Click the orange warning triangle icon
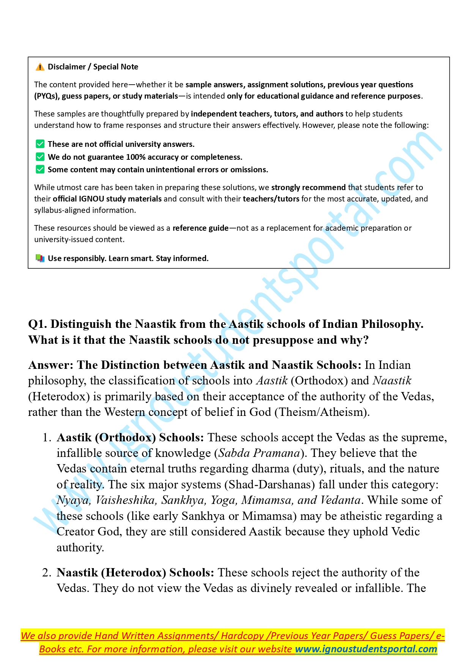tap(40, 67)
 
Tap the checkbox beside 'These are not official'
tap(40, 144)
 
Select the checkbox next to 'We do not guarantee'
tap(40, 157)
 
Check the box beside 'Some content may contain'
tap(40, 169)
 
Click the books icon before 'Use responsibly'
tap(40, 258)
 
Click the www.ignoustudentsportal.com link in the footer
tap(366, 649)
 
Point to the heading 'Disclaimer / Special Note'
tap(93, 67)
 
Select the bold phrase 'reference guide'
tap(200, 228)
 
